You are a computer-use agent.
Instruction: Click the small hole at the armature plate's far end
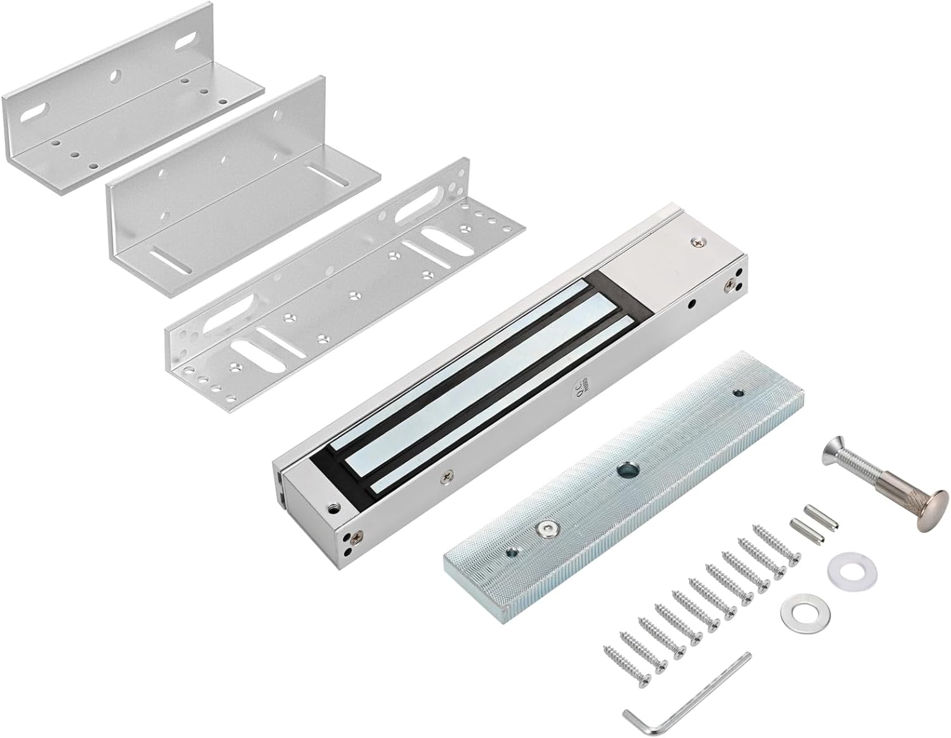[737, 393]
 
